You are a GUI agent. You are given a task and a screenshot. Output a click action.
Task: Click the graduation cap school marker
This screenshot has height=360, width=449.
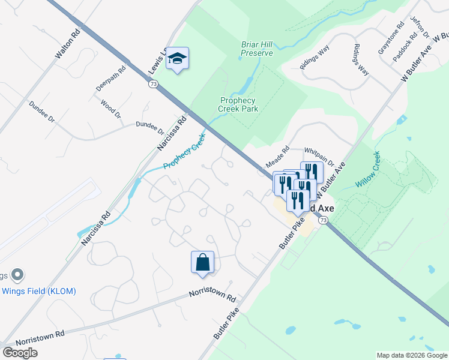[177, 58]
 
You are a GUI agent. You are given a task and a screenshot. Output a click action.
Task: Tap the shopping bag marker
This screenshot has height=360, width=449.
[202, 262]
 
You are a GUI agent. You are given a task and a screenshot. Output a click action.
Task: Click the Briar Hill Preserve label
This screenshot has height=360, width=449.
[257, 49]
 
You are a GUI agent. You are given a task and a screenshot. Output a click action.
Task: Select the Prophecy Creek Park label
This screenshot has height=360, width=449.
[238, 104]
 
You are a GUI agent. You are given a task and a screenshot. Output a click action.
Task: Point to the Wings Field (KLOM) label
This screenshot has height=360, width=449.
[47, 292]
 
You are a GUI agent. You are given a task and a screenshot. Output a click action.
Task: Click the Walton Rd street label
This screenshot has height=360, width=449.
[66, 44]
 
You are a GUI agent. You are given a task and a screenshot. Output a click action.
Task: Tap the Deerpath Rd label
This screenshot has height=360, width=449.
[110, 79]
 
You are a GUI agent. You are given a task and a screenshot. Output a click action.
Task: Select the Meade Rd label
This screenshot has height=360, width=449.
[278, 157]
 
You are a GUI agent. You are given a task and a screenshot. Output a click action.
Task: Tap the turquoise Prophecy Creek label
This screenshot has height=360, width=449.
[184, 152]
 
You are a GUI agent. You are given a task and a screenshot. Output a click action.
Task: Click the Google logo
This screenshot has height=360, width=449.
[20, 353]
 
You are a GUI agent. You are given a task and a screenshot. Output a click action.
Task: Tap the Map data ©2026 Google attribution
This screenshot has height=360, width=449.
[411, 355]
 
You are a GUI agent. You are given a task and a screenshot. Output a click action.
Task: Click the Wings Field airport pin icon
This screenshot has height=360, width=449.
[17, 275]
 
